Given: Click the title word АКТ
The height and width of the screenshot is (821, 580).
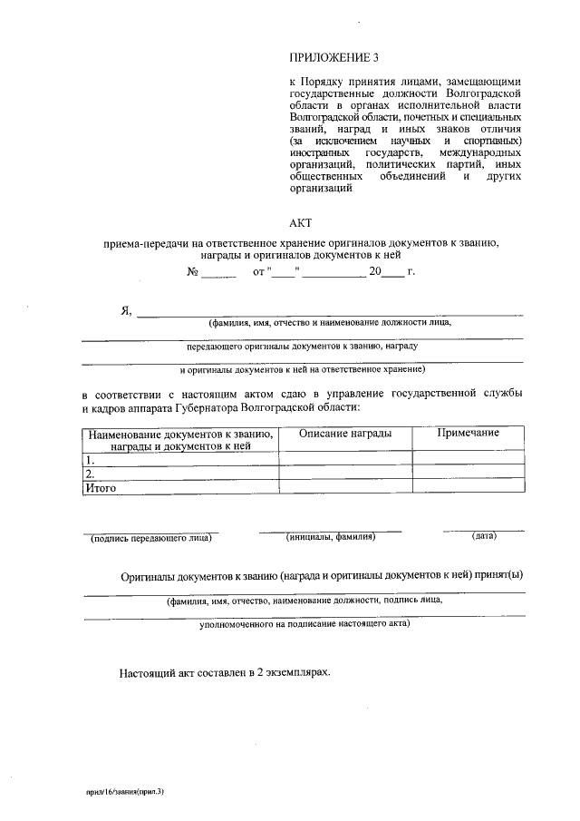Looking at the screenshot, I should [x=299, y=221].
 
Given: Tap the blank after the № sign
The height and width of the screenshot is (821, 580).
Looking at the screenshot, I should [x=218, y=271].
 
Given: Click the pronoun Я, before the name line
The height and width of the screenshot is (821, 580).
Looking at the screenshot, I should [x=126, y=310].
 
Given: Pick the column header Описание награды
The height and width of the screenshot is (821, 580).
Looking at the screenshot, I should [x=345, y=434].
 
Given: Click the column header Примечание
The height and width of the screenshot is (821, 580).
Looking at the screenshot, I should [x=468, y=433].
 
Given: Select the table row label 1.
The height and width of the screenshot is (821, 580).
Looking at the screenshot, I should [x=89, y=458].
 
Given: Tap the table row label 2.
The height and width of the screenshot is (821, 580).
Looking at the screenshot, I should [x=89, y=473].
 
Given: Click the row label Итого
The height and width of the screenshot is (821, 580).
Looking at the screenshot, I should [x=101, y=487].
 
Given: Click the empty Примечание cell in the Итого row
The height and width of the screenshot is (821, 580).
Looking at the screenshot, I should [x=468, y=487].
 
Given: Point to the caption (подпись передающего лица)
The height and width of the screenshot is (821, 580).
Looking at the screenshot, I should [x=150, y=538].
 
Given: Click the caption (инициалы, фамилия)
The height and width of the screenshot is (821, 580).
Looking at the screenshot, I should [x=331, y=537].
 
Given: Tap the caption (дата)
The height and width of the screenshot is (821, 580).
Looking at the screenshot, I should [x=484, y=536].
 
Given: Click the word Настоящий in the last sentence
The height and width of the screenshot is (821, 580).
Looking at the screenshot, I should [x=145, y=674].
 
